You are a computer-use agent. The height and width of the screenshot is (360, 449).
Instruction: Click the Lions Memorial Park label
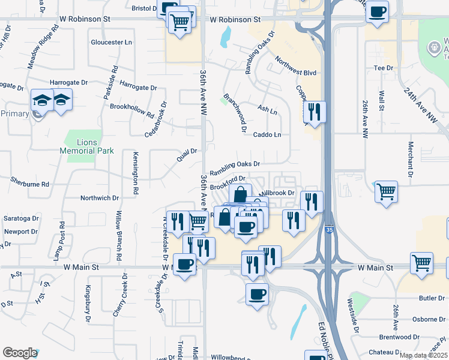point(87,146)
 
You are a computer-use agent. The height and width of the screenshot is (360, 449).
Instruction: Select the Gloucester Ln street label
point(111,43)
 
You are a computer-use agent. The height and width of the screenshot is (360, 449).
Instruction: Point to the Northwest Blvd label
point(296,67)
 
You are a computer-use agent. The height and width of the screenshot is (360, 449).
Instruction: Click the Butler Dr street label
point(432,298)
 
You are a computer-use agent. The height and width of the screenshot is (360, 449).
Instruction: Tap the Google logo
point(20,353)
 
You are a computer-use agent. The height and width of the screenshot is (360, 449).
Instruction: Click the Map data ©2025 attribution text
point(423,355)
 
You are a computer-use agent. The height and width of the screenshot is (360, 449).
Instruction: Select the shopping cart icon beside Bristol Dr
point(180,23)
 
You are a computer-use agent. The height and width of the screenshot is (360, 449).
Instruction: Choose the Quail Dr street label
point(187,155)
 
